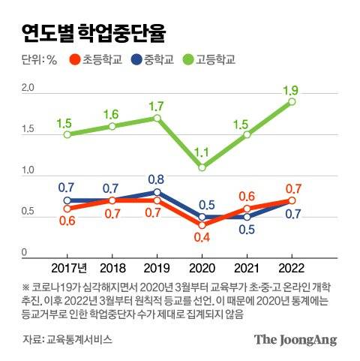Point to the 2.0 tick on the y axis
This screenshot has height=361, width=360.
(x=28, y=89)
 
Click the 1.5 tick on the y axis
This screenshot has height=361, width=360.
(x=28, y=130)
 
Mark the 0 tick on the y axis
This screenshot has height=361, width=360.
(x=24, y=253)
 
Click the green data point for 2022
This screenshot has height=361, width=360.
(x=292, y=101)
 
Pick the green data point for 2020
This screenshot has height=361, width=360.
(x=202, y=167)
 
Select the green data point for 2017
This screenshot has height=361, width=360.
(x=67, y=134)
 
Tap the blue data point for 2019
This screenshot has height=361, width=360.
(x=157, y=192)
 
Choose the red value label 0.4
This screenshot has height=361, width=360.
(x=202, y=238)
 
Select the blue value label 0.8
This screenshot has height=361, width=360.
(x=157, y=179)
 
